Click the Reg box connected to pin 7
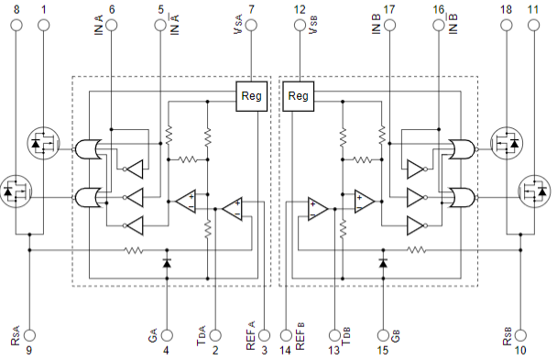[252, 96]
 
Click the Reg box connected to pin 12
[298, 96]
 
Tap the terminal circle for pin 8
[16, 26]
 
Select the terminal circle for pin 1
[44, 26]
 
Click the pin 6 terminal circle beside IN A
[112, 26]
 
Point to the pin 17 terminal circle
[389, 26]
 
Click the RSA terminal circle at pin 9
[29, 335]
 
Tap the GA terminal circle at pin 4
[167, 335]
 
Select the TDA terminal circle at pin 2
[215, 335]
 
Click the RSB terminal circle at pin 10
[520, 335]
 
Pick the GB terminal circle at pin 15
[383, 335]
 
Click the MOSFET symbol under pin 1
[43, 143]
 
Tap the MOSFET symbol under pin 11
[534, 191]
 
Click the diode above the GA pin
[167, 263]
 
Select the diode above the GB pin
[383, 263]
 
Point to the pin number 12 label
[300, 9]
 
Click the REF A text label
[251, 335]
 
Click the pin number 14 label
[285, 351]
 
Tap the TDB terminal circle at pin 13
[334, 335]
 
